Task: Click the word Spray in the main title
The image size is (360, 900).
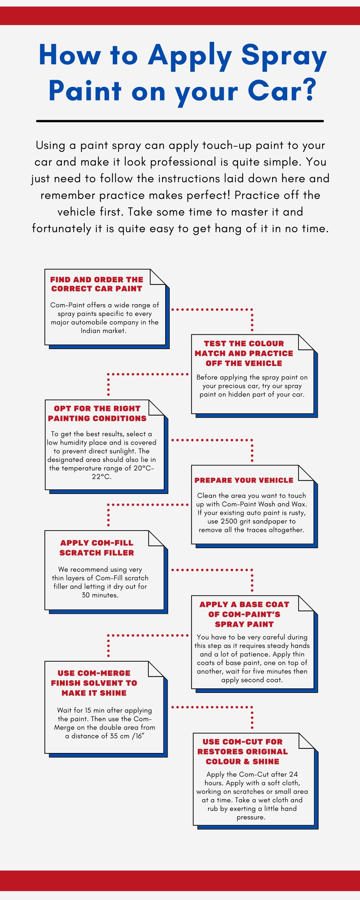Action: [284, 56]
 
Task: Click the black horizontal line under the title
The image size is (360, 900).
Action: [180, 121]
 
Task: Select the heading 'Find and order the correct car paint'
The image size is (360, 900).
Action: [97, 284]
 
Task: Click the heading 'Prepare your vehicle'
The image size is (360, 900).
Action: [244, 480]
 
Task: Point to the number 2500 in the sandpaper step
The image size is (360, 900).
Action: [229, 521]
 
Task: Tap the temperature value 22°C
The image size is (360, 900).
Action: [101, 477]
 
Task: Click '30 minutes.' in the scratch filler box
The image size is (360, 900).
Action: [100, 595]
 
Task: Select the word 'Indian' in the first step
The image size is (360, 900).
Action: [90, 331]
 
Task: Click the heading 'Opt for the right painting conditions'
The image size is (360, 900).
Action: [97, 413]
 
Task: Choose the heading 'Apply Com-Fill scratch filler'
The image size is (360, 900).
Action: [97, 548]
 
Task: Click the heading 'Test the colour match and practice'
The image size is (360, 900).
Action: [244, 353]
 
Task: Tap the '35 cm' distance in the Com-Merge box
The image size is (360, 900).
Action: [115, 736]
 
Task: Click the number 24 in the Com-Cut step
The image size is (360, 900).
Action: [294, 774]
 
